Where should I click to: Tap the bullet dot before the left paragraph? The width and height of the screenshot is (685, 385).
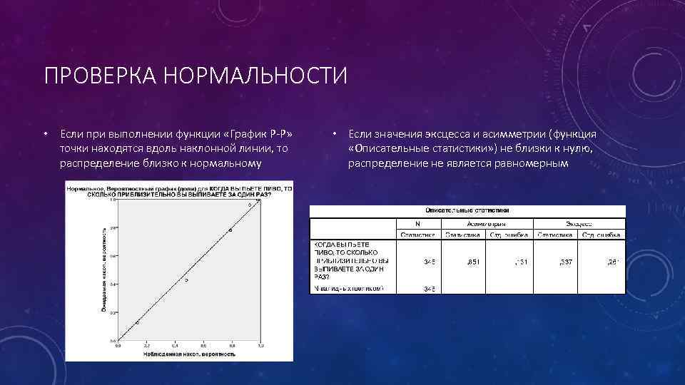click(44, 133)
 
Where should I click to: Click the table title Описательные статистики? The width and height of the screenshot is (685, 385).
click(467, 211)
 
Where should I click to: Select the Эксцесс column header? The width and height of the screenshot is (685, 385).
click(574, 223)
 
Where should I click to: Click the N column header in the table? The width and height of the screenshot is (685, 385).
click(418, 223)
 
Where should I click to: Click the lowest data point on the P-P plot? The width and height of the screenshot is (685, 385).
click(138, 322)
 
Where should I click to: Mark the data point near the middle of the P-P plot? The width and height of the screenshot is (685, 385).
click(186, 280)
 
